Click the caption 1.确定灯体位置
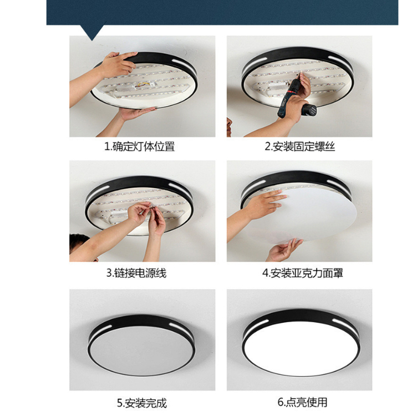point(139,146)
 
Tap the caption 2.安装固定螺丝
point(299,146)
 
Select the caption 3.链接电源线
point(136,273)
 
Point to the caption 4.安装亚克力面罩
point(303,273)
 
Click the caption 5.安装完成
point(142,403)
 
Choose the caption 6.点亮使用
point(302,402)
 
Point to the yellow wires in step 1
point(141,85)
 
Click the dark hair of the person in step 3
point(79,241)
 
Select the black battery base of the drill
point(309,110)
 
